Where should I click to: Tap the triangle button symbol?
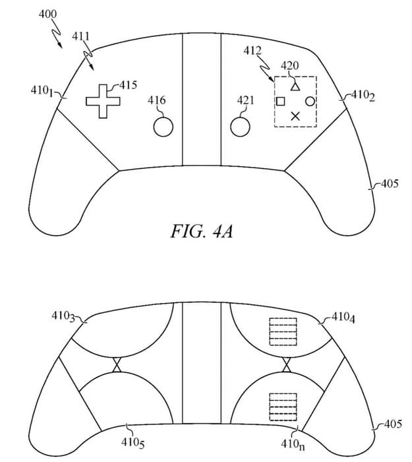295,87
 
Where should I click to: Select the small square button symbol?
281,102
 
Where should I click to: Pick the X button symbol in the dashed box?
295,116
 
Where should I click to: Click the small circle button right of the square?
310,102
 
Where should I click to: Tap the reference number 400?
48,14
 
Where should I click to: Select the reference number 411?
80,36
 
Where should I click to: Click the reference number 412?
252,51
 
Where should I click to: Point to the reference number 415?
129,85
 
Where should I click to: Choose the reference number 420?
290,65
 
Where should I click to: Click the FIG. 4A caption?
202,231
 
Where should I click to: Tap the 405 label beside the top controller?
390,184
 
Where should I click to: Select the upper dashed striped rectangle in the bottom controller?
283,331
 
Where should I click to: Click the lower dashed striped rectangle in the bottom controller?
283,407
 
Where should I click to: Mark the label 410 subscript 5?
132,443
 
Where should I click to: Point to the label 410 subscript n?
293,444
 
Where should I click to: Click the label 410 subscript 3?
63,317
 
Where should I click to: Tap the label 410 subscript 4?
343,317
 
